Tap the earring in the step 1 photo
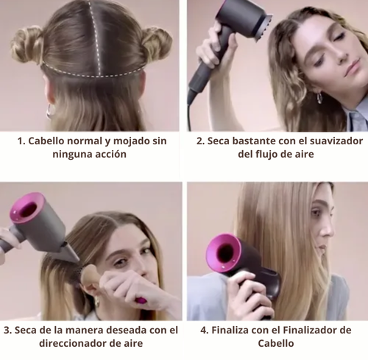[x=51, y=111]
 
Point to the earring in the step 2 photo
[x=319, y=98]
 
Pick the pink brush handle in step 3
[x=141, y=300]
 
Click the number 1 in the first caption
[x=21, y=141]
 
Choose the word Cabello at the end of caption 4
[x=276, y=343]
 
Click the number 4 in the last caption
[x=204, y=331]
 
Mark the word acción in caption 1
[x=110, y=155]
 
